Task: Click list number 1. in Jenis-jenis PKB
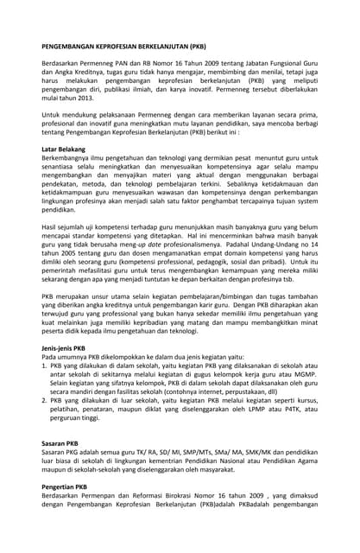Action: pos(45,365)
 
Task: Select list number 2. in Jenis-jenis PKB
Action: pos(45,401)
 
